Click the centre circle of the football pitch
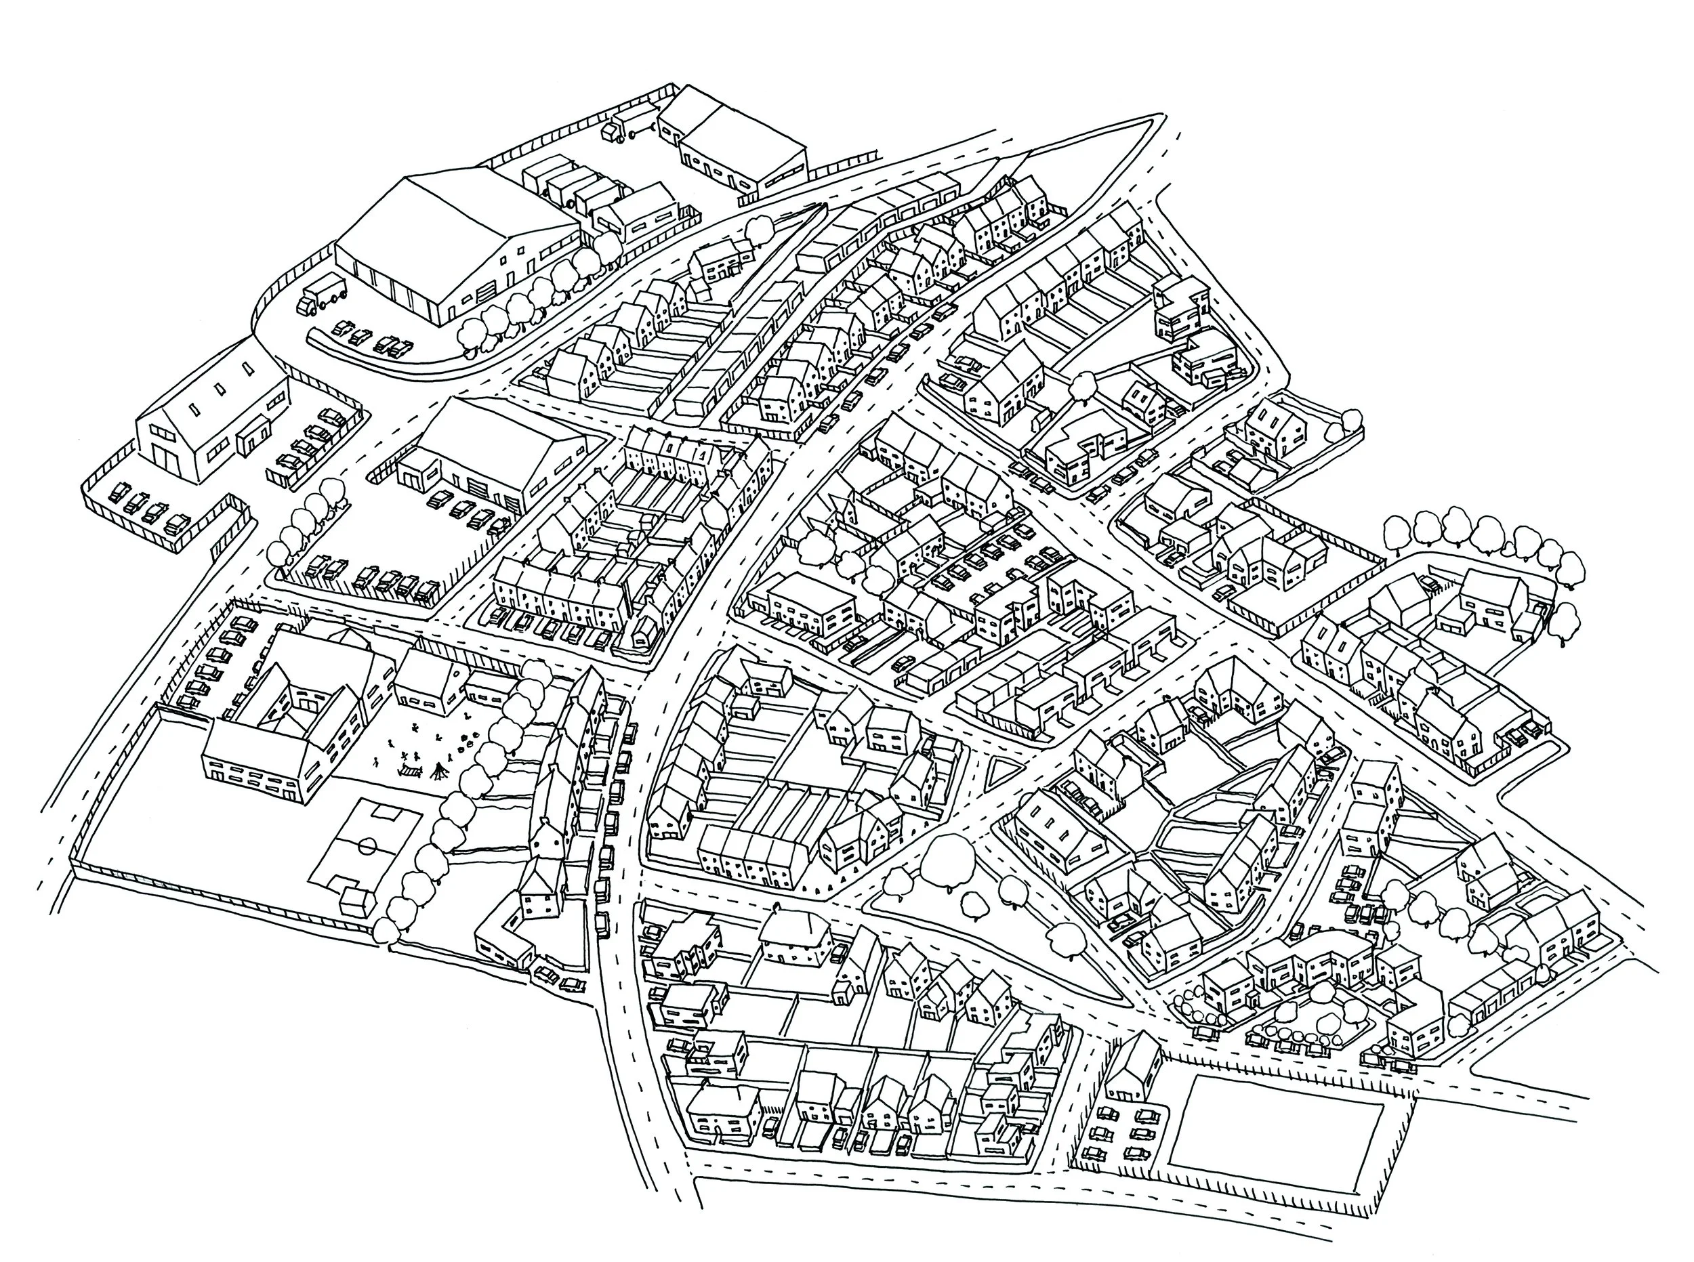(367, 845)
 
